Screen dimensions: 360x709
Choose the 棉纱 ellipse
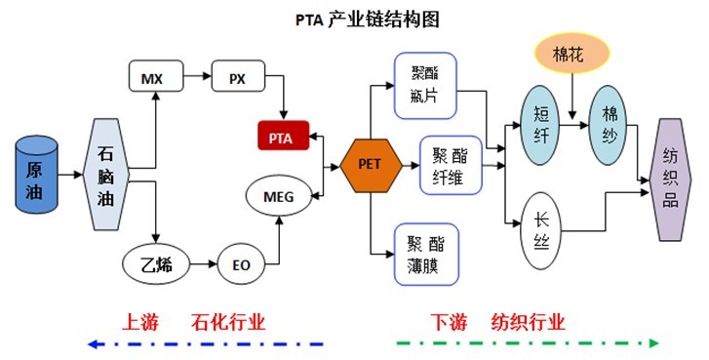[611, 127]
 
